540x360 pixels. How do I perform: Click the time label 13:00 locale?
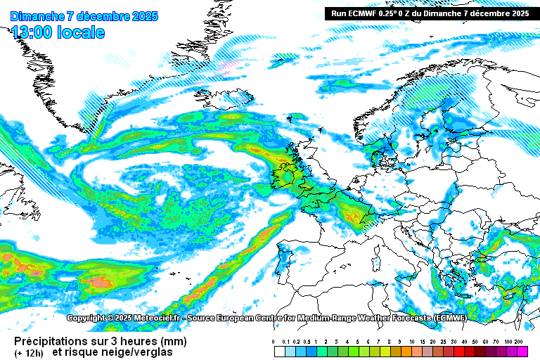[58, 32]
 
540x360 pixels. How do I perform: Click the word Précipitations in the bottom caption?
[53, 340]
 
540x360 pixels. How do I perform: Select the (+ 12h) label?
[27, 352]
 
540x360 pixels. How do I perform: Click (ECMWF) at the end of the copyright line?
[449, 318]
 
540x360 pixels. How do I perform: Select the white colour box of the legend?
[279, 350]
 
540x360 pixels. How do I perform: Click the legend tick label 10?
[411, 341]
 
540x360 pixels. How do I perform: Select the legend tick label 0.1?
[285, 341]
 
